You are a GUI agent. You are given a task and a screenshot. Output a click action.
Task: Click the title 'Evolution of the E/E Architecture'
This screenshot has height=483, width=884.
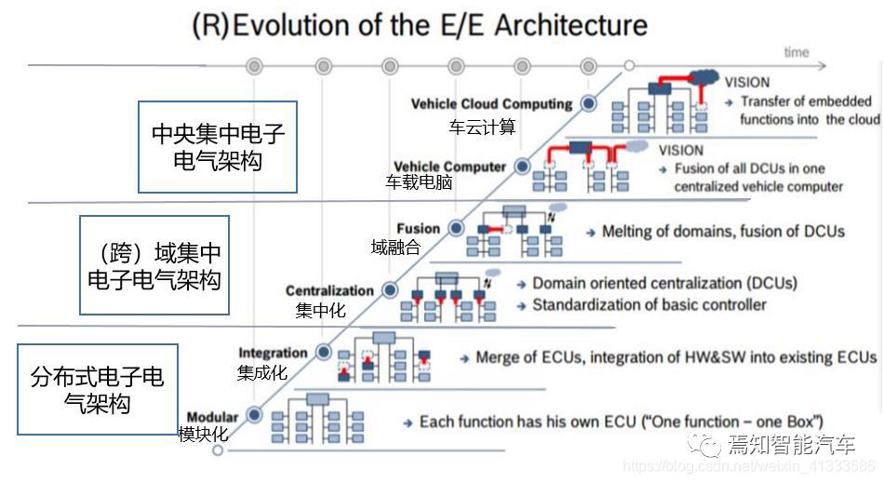(439, 25)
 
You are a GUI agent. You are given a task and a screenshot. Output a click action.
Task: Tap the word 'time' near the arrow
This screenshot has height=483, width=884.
(796, 52)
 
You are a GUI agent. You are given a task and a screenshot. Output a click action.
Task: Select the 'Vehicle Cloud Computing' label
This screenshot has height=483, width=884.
(490, 104)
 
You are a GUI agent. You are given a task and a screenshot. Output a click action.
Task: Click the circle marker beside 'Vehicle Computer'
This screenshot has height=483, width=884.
(523, 167)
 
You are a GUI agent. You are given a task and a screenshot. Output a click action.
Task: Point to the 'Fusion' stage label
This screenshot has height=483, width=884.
(418, 229)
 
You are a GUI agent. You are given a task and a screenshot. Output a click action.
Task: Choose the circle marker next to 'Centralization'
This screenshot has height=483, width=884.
(391, 291)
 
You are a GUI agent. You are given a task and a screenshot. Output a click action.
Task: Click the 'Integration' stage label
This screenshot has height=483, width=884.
(273, 353)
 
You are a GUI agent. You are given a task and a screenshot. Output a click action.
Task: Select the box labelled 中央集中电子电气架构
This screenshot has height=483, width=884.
(218, 146)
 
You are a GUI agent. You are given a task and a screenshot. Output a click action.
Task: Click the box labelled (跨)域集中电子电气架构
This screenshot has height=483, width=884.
(154, 265)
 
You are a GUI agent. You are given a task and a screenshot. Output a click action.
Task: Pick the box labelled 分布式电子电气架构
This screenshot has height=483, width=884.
(97, 390)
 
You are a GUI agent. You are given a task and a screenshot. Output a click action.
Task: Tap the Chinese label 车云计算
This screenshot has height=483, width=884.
(482, 127)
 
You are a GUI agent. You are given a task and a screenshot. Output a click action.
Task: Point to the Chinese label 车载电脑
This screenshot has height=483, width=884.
(419, 183)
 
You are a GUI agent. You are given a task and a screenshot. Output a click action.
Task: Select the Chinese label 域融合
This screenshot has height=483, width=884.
(395, 248)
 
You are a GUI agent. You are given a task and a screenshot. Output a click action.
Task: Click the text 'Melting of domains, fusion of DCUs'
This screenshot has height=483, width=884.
(723, 231)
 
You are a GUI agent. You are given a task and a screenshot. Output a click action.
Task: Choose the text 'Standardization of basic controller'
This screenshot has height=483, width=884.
(650, 304)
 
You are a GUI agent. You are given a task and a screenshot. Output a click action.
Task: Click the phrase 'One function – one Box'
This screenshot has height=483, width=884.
(732, 422)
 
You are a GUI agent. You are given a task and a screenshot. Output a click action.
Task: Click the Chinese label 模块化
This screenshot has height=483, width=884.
(203, 434)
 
